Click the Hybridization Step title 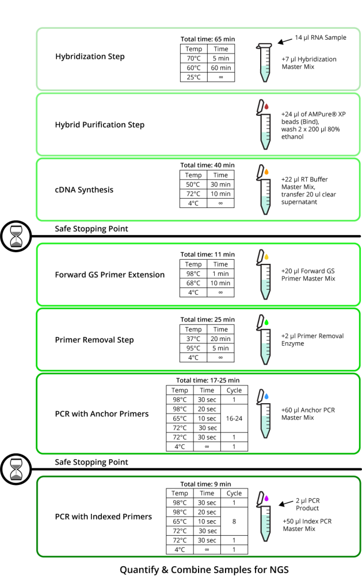tap(90, 56)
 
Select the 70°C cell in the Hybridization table tap(193, 58)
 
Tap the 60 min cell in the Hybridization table tap(221, 67)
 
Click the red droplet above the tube tap(266, 107)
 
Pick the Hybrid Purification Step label tap(100, 124)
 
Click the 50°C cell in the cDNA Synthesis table tap(193, 184)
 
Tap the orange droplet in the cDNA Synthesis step tap(266, 172)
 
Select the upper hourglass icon tap(16, 236)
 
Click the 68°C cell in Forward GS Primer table tap(193, 283)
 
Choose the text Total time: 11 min tap(207, 254)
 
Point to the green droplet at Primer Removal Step tap(266, 321)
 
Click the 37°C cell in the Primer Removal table tap(193, 339)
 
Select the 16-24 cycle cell tap(234, 418)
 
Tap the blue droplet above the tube tap(266, 396)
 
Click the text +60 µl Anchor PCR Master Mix tap(308, 414)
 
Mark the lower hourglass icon tap(16, 469)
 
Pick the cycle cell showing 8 tap(234, 521)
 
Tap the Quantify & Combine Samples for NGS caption tap(204, 569)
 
